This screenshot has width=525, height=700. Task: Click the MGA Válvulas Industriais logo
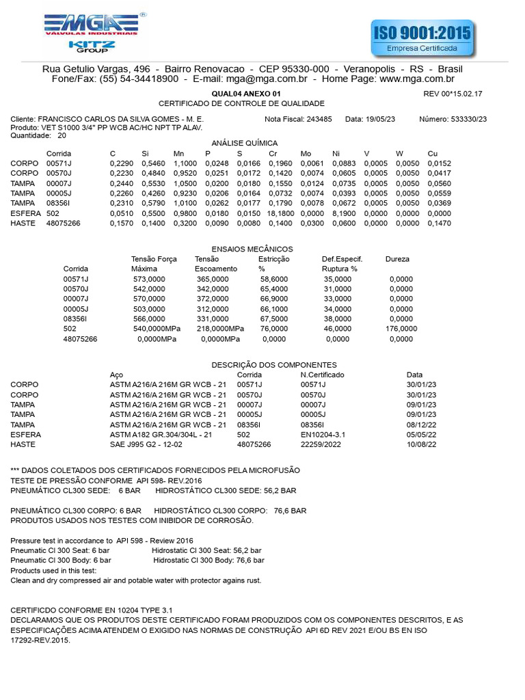[92, 23]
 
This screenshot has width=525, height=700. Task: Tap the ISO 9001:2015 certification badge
[422, 38]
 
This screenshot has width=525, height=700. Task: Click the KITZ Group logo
[92, 46]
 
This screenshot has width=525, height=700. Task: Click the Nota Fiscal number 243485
[319, 119]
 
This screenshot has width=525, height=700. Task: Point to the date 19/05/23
[380, 119]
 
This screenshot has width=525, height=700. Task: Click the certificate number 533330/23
[469, 119]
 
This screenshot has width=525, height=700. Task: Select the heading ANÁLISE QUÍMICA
[245, 143]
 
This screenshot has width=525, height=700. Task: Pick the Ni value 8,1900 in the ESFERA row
[344, 213]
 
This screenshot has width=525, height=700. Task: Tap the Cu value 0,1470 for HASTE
[440, 223]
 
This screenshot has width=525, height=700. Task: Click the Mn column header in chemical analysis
[179, 154]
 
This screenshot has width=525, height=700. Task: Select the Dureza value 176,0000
[401, 329]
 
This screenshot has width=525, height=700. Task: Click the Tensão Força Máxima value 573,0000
[149, 280]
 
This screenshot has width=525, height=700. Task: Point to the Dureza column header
[397, 259]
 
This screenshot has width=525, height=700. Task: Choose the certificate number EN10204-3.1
[324, 435]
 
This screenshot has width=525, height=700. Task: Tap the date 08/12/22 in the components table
[421, 425]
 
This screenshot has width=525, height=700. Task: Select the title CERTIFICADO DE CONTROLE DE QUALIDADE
[241, 103]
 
